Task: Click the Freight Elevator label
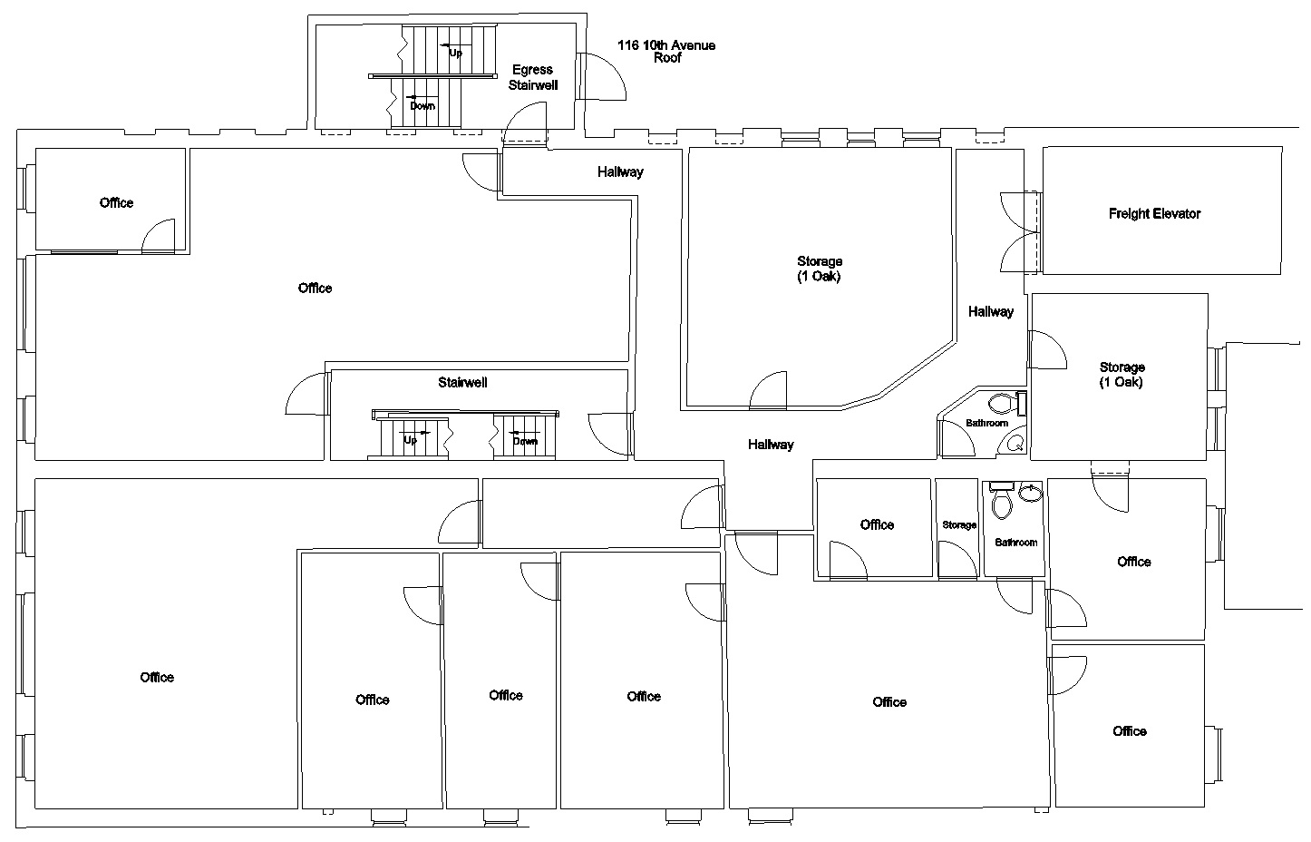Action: click(1154, 214)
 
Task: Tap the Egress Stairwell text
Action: click(532, 77)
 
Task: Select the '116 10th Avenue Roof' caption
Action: click(666, 51)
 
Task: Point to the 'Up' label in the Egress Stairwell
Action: click(455, 53)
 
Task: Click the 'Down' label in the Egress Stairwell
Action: click(422, 105)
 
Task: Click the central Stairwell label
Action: click(462, 383)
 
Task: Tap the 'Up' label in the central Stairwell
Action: click(410, 440)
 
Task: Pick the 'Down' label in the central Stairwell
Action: click(525, 441)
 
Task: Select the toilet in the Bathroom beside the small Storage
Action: click(1002, 504)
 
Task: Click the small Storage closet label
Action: click(959, 525)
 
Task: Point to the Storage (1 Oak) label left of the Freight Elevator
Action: click(820, 269)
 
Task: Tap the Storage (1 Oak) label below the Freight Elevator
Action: click(1122, 375)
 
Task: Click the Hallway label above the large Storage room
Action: click(620, 171)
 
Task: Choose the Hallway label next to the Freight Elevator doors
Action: click(990, 312)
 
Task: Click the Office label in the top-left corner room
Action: click(116, 202)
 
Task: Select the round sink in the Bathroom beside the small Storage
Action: click(1031, 494)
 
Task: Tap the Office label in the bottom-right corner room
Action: click(1130, 731)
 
